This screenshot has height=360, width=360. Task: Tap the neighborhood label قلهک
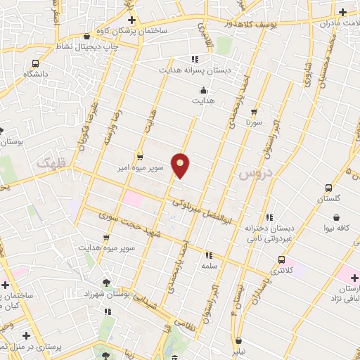click(47, 162)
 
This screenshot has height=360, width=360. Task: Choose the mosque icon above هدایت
click(203, 90)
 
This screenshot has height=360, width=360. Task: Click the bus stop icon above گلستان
click(328, 188)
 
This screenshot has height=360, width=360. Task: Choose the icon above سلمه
click(208, 255)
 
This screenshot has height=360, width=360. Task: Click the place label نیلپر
click(240, 349)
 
